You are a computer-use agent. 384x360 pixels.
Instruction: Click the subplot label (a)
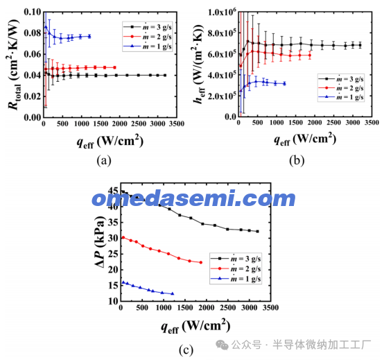click(x=104, y=161)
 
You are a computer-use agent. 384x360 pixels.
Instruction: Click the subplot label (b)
click(x=297, y=161)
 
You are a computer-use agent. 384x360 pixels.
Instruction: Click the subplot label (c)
click(x=186, y=350)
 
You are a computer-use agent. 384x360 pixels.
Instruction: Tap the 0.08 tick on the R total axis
click(x=33, y=33)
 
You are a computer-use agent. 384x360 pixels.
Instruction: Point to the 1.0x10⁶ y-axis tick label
click(x=222, y=12)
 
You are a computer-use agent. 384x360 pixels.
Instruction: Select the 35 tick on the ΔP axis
click(x=113, y=223)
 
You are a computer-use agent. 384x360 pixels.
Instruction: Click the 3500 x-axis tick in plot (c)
click(x=270, y=308)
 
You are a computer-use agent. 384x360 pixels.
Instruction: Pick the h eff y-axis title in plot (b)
click(x=198, y=64)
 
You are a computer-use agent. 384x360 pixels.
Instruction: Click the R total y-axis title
click(x=13, y=65)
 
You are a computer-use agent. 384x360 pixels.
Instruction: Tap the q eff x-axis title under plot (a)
click(x=110, y=142)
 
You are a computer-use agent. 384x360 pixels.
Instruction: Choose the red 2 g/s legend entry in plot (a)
click(x=148, y=37)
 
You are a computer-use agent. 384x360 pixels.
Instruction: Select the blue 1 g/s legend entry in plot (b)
click(x=340, y=97)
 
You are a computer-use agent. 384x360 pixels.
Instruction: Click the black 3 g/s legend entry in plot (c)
click(x=236, y=259)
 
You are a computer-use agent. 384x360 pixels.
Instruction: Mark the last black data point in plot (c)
click(x=257, y=232)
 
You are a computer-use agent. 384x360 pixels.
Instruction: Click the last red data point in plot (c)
click(x=201, y=262)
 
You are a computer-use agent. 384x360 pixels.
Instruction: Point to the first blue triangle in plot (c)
click(x=123, y=282)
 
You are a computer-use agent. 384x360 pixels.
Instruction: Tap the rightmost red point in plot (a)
click(x=114, y=67)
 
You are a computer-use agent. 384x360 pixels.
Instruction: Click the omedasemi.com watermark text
click(x=193, y=198)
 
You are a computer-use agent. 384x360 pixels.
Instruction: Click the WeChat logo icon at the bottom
click(x=222, y=345)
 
